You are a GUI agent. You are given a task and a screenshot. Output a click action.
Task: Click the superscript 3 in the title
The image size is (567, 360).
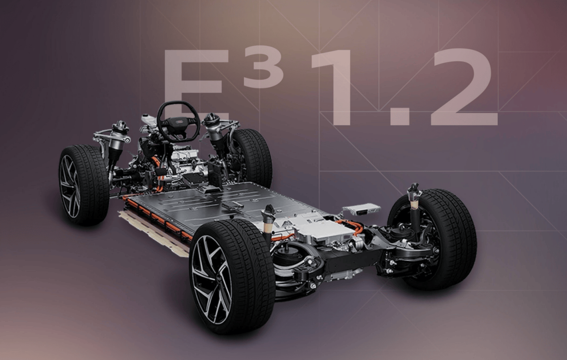point(263,67)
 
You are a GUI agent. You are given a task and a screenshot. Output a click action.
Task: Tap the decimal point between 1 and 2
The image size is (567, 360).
point(400,118)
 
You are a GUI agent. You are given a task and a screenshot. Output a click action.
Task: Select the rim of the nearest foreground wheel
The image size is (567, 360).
point(212,280)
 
